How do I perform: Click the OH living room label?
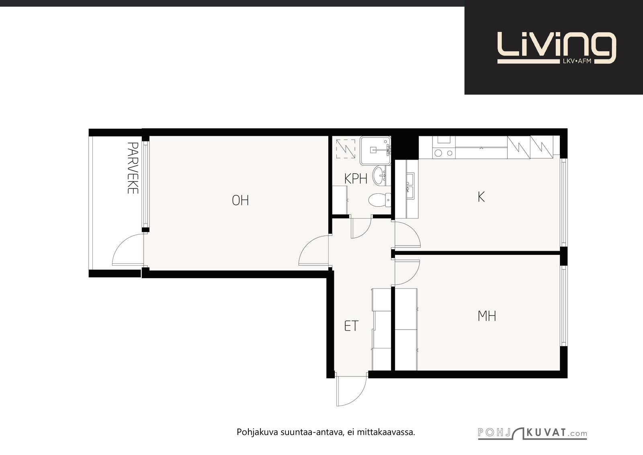(240, 201)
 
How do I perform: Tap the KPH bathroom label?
(356, 179)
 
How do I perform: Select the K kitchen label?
(481, 197)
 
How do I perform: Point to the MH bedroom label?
(487, 316)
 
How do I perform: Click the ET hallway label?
(351, 326)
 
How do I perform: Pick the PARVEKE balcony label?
(133, 168)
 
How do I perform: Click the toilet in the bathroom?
(379, 200)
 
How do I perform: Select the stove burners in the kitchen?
(444, 153)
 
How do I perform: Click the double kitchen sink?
(410, 186)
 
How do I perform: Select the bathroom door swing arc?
(361, 228)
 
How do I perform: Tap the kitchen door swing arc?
(408, 234)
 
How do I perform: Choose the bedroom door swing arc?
(408, 273)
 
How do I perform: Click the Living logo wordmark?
(557, 48)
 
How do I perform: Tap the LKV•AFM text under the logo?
(577, 61)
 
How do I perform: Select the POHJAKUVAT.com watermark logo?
(532, 433)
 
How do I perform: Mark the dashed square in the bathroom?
(346, 149)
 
